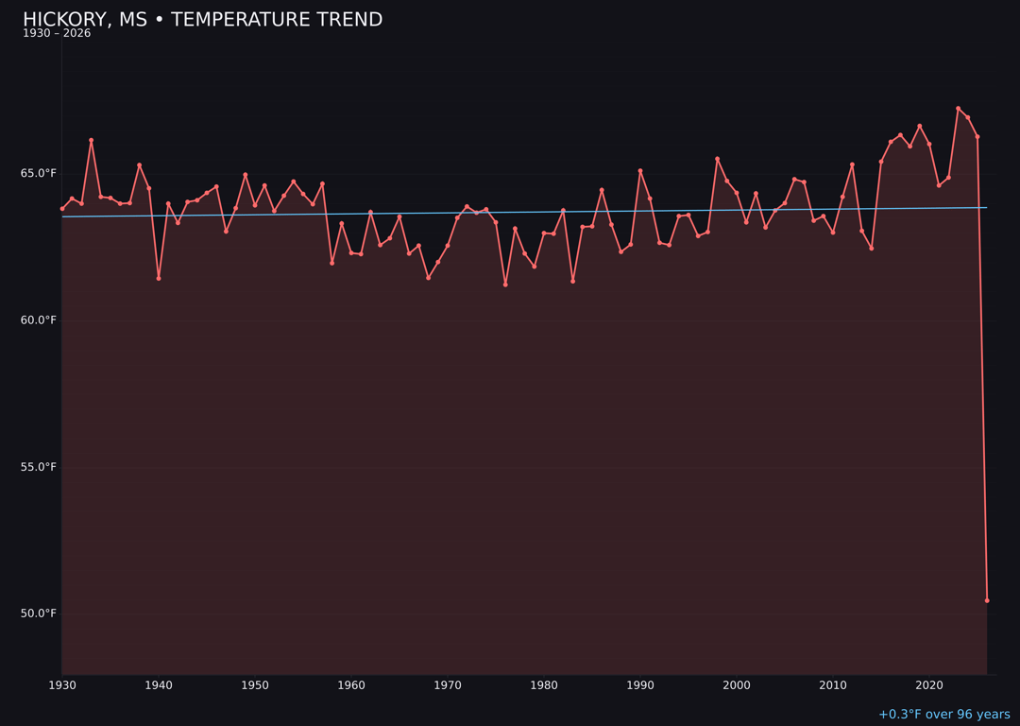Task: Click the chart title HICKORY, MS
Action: [202, 20]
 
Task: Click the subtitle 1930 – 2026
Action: [57, 34]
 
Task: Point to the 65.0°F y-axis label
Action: [39, 174]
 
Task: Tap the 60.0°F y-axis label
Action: [39, 320]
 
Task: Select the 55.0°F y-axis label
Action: [39, 467]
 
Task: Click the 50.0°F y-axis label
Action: [39, 614]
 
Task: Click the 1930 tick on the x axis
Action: [62, 685]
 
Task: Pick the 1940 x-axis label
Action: [159, 685]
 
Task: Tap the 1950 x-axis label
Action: [255, 685]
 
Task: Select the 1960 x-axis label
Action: [351, 685]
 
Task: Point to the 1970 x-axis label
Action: [448, 685]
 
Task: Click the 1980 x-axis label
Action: [544, 685]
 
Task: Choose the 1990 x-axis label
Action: [640, 685]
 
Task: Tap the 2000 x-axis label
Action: [737, 685]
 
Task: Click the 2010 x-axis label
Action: [833, 685]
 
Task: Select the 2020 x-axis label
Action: [929, 685]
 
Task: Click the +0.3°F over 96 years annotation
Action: [943, 715]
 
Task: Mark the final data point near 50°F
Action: [987, 600]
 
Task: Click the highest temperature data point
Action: [958, 109]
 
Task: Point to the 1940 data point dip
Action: [159, 278]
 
